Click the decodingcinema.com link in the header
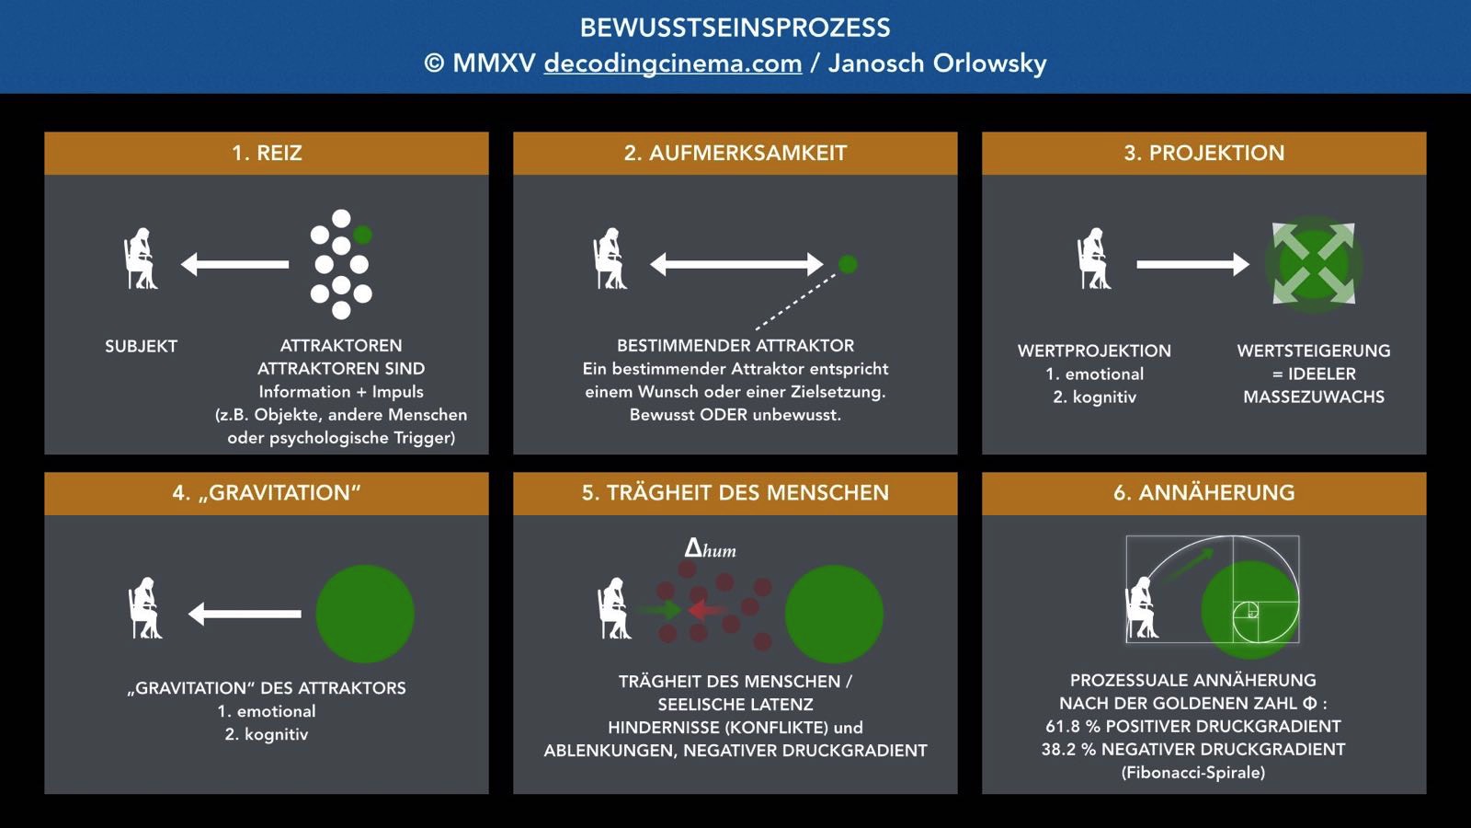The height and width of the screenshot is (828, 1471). pyautogui.click(x=672, y=63)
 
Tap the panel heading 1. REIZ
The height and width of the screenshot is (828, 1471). pyautogui.click(x=267, y=153)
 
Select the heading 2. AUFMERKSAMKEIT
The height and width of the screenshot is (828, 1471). pyautogui.click(x=735, y=153)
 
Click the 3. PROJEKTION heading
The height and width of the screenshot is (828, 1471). pyautogui.click(x=1203, y=153)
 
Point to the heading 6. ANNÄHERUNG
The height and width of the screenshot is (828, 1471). pyautogui.click(x=1203, y=492)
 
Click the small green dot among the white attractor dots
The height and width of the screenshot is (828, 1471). pyautogui.click(x=362, y=235)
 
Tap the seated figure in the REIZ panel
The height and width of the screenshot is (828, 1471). pyautogui.click(x=141, y=259)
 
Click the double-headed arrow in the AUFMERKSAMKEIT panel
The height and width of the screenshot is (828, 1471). pyautogui.click(x=736, y=264)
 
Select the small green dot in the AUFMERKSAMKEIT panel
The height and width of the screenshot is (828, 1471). pyautogui.click(x=848, y=264)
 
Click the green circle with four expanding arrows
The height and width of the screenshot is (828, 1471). pyautogui.click(x=1314, y=264)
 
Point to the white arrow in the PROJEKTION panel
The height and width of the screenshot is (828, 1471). pyautogui.click(x=1192, y=264)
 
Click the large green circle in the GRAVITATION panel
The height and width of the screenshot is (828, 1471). pyautogui.click(x=365, y=614)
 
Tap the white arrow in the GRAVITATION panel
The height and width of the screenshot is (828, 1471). pyautogui.click(x=245, y=614)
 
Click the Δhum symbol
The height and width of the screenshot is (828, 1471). pyautogui.click(x=710, y=548)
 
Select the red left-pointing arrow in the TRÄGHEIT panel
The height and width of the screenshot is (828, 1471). pyautogui.click(x=705, y=610)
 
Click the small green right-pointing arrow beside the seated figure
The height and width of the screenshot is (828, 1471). pyautogui.click(x=660, y=610)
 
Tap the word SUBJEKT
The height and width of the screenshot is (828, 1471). pyautogui.click(x=142, y=346)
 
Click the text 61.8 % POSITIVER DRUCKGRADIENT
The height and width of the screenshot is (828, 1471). pyautogui.click(x=1192, y=726)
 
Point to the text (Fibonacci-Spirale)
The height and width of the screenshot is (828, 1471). pyautogui.click(x=1192, y=772)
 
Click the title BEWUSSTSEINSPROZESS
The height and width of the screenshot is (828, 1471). pyautogui.click(x=735, y=28)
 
